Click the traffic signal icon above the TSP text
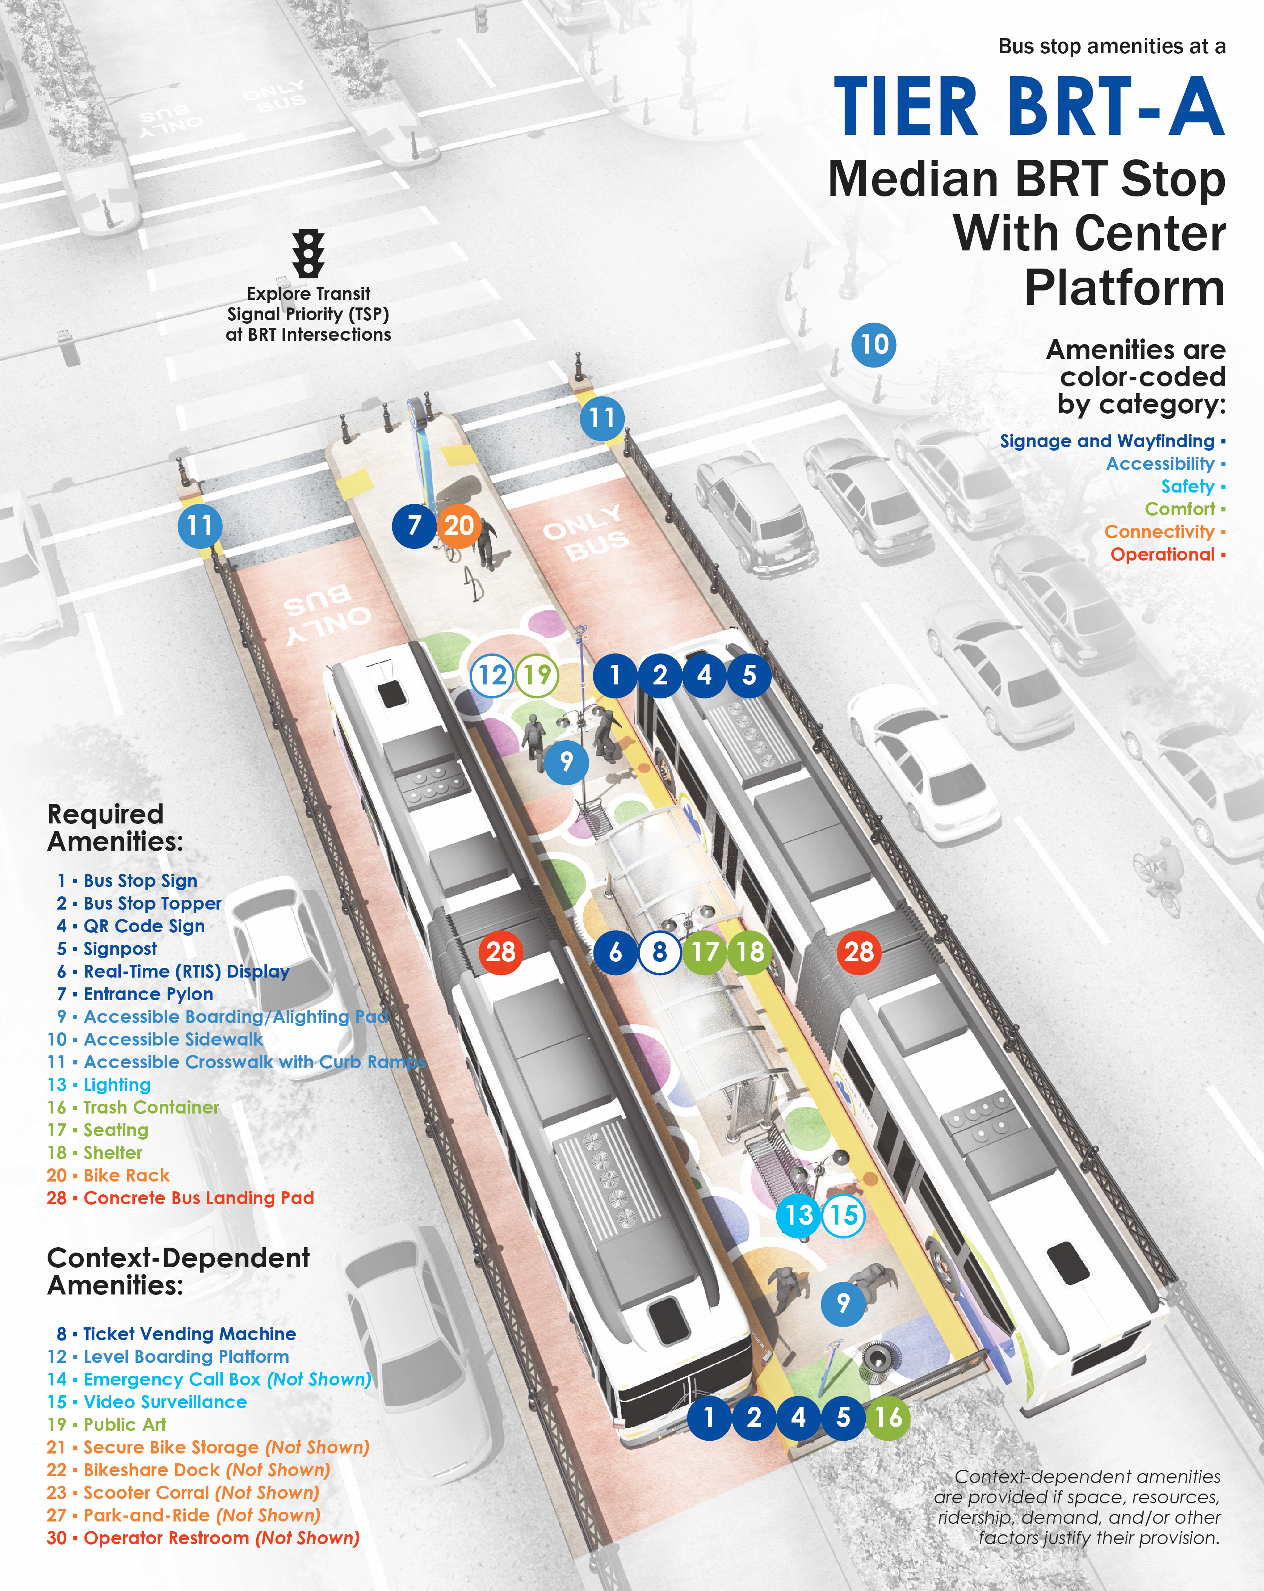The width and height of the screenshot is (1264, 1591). coord(308,253)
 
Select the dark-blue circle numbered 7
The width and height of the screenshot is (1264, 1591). coord(414,525)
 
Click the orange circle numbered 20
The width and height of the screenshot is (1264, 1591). coord(459,525)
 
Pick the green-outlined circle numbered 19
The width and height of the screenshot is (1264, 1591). coord(537,675)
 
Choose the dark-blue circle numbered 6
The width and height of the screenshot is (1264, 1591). coord(615,952)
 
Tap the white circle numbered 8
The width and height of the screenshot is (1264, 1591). coord(660,952)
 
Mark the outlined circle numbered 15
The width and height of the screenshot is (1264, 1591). coord(844,1215)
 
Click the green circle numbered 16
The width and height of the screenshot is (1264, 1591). coord(888,1417)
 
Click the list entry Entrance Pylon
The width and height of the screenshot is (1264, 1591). coord(148,994)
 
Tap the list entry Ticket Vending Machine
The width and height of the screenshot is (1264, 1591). coord(189,1333)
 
